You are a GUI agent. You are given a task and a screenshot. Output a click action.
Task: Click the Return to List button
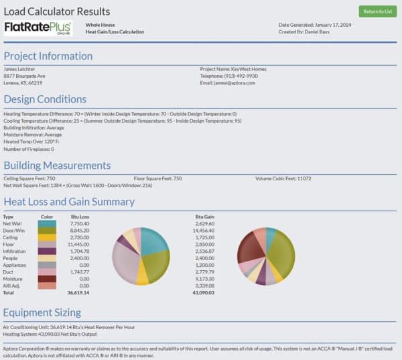pos(377,11)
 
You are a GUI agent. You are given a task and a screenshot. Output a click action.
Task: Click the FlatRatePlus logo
pos(38,28)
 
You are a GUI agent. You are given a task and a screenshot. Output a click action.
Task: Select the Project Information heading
pos(48,56)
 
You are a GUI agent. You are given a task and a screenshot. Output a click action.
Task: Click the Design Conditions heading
pos(45,100)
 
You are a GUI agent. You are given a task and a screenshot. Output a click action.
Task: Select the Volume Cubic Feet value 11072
pos(304,178)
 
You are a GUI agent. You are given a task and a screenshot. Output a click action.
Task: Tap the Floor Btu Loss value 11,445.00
pos(79,245)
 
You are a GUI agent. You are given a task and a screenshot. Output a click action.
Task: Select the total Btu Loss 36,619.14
pos(78,293)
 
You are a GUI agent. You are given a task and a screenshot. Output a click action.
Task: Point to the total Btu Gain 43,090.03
pos(203,293)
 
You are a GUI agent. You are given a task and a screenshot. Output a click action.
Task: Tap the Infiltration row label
pos(15,252)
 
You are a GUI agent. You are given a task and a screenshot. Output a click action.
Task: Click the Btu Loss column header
pos(80,217)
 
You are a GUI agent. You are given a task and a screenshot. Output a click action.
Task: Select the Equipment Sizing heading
pos(42,312)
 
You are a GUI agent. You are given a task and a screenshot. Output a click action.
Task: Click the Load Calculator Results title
pos(57,11)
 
